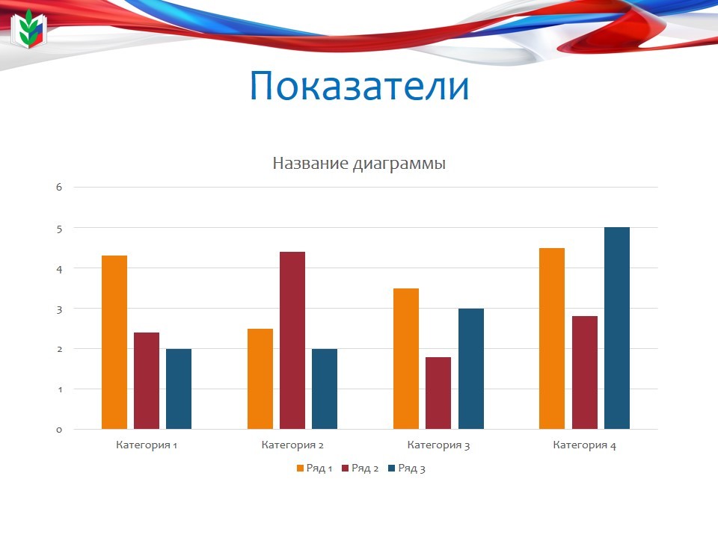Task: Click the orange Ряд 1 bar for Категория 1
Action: [x=114, y=342]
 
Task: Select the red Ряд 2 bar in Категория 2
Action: [x=292, y=341]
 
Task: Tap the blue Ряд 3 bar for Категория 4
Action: [x=617, y=328]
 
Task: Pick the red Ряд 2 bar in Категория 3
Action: [x=438, y=393]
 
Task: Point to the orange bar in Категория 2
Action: [x=260, y=379]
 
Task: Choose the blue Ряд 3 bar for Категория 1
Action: [x=179, y=389]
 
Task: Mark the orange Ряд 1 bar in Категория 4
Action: [x=552, y=338]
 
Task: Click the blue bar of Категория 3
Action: [x=471, y=368]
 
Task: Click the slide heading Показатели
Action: [x=360, y=86]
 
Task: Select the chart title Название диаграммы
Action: [x=359, y=164]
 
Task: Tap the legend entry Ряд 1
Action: [x=315, y=469]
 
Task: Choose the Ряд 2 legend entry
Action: [x=360, y=469]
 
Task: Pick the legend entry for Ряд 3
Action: [x=407, y=469]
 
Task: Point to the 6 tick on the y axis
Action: [x=59, y=187]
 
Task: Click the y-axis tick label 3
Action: [x=59, y=309]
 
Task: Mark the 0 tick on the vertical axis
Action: [x=59, y=430]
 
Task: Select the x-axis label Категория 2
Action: [x=292, y=445]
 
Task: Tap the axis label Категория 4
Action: [x=584, y=445]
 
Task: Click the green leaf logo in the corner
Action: [x=29, y=29]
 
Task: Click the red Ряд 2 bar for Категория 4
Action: [x=585, y=372]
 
